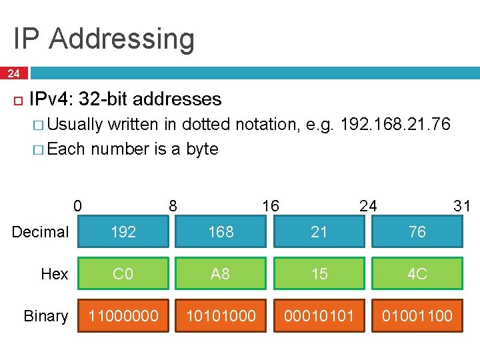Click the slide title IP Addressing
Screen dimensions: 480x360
(x=103, y=39)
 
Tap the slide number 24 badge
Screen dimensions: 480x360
(x=13, y=73)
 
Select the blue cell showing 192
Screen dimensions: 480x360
(x=123, y=231)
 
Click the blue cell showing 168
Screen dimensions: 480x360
(x=221, y=231)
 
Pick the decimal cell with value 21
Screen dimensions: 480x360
(x=319, y=231)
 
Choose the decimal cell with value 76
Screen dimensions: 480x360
(x=417, y=231)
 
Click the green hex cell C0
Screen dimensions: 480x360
(x=123, y=273)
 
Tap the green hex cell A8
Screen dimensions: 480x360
(x=221, y=273)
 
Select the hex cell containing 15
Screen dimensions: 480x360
(x=319, y=273)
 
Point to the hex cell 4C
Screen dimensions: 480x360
(x=417, y=273)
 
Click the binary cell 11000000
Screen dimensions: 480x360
(x=123, y=315)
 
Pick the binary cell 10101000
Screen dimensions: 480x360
(x=221, y=315)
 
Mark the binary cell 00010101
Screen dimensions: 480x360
(x=319, y=315)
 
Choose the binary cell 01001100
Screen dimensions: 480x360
(x=417, y=315)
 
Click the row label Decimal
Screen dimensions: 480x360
(x=41, y=232)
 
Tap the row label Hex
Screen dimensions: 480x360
(x=55, y=274)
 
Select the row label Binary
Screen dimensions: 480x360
(x=45, y=316)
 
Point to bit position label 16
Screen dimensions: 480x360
(x=271, y=205)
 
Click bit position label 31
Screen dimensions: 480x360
(x=462, y=205)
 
